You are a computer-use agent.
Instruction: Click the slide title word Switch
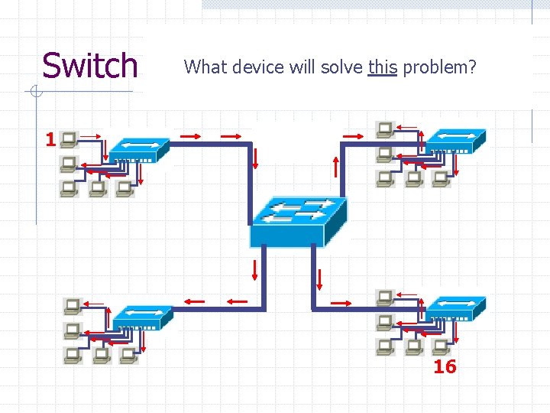tap(89, 66)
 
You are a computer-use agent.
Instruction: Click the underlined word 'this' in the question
tap(382, 67)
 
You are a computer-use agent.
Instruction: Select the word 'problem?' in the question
tap(439, 67)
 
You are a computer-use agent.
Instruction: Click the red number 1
tap(50, 140)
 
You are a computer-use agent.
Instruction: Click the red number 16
tap(445, 367)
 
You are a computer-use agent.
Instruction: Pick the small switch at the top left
tap(138, 149)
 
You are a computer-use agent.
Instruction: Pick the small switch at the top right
tap(455, 140)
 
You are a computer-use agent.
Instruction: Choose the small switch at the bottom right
tap(455, 307)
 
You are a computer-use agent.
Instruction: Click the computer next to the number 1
tap(70, 139)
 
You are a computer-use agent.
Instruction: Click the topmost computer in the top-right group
tap(384, 128)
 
